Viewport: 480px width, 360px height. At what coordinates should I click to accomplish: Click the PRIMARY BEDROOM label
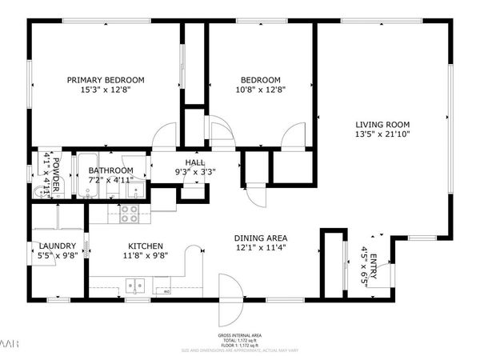click(x=105, y=79)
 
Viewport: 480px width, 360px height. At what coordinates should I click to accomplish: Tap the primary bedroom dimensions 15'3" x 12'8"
click(x=105, y=90)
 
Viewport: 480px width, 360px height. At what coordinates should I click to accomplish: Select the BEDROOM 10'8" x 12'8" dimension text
click(x=262, y=90)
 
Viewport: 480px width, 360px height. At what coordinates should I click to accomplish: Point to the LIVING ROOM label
click(x=382, y=124)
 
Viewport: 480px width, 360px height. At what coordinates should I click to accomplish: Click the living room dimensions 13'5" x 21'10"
click(x=382, y=134)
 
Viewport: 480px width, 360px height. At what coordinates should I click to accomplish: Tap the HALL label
click(x=196, y=162)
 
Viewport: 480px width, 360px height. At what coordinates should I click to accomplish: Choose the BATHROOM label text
click(x=110, y=170)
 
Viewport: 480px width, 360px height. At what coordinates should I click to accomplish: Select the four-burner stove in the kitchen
click(x=129, y=214)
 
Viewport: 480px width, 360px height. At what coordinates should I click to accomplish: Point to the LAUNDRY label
click(x=57, y=246)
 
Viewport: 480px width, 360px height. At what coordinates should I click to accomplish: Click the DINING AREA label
click(x=261, y=238)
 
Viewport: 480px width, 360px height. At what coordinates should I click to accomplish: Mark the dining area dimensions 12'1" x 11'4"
click(x=261, y=249)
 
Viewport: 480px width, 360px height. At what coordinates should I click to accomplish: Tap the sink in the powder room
click(x=40, y=191)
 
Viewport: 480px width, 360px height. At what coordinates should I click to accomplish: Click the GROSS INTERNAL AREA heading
click(x=240, y=335)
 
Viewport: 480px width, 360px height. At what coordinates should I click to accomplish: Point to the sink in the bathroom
click(x=137, y=190)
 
